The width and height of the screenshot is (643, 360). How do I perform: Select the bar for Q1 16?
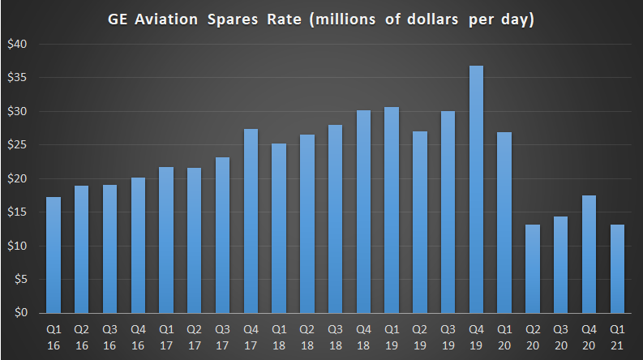(53, 255)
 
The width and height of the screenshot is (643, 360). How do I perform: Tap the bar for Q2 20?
(533, 268)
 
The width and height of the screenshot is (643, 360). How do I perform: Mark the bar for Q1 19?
(392, 210)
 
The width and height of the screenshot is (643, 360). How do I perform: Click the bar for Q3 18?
(336, 219)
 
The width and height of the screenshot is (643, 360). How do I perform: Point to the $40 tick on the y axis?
(19, 45)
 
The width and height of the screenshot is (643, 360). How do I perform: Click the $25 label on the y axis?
(19, 145)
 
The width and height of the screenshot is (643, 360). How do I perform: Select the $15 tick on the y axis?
(19, 212)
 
